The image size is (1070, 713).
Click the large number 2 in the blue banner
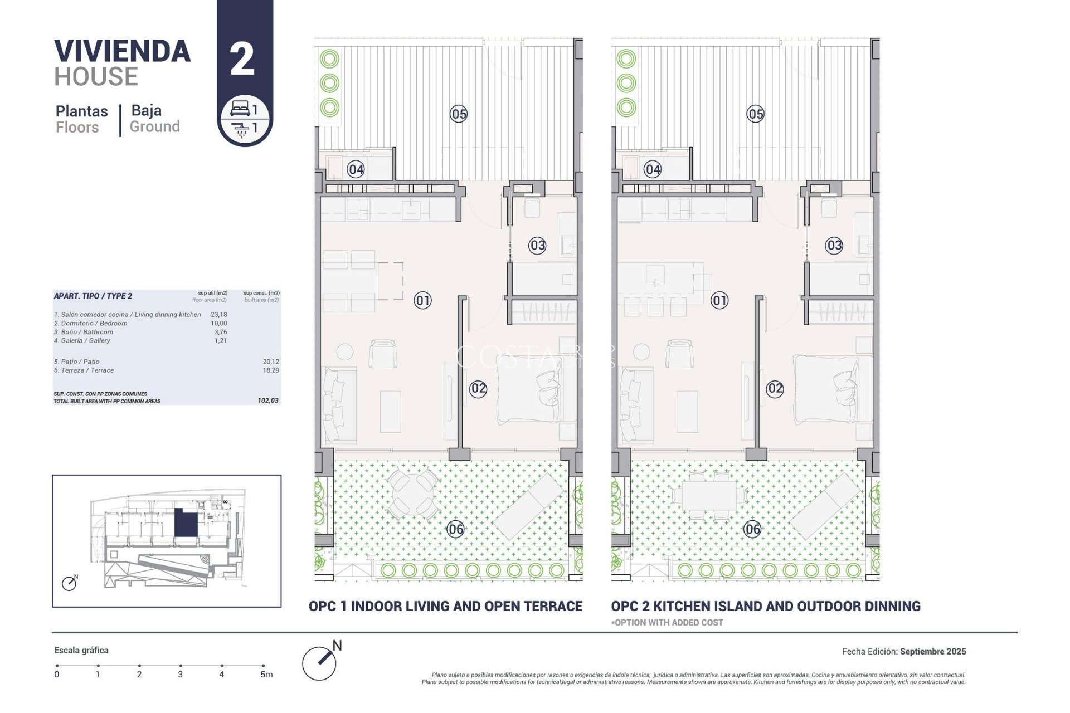(x=242, y=60)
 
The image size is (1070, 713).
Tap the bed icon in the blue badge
(x=240, y=108)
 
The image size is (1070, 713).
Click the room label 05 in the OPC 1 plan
(x=459, y=114)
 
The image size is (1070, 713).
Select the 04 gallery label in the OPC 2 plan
(x=653, y=169)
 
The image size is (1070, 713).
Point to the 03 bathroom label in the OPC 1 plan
(x=537, y=245)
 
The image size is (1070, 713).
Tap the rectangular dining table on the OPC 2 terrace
(x=708, y=494)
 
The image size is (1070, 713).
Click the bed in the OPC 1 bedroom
(x=529, y=388)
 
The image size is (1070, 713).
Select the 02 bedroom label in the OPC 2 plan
(x=775, y=389)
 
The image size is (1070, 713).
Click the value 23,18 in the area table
(x=218, y=315)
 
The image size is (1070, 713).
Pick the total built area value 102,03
(x=268, y=401)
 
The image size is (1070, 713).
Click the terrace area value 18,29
(x=271, y=370)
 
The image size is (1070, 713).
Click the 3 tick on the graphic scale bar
(x=181, y=666)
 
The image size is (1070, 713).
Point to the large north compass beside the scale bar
(x=319, y=663)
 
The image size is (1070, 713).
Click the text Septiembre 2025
(x=933, y=651)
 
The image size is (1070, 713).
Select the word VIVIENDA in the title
(x=123, y=51)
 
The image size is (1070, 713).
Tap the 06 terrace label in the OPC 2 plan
(x=752, y=529)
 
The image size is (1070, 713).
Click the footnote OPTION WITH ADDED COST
(x=667, y=623)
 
